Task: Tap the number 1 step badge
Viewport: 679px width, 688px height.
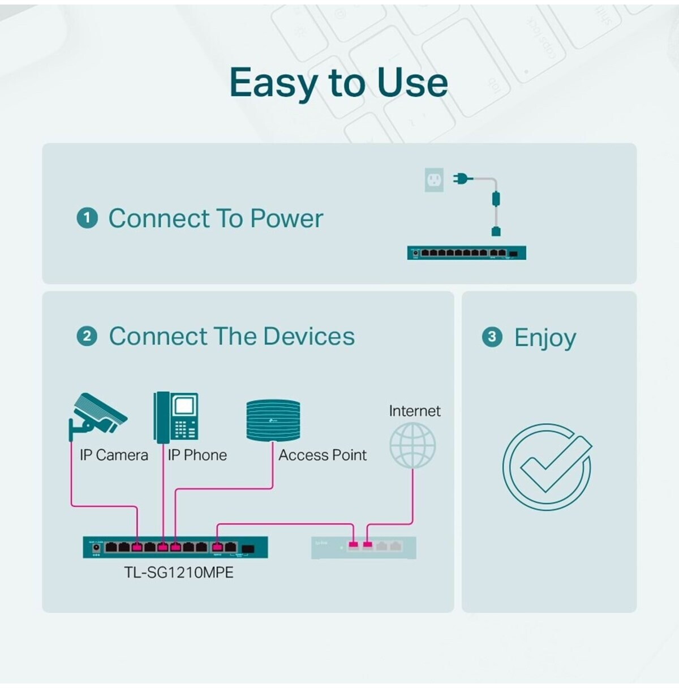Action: click(x=87, y=218)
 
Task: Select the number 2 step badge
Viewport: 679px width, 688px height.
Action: click(x=87, y=336)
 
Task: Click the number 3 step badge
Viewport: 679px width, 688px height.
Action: click(x=492, y=337)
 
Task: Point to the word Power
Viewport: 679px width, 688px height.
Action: click(x=287, y=218)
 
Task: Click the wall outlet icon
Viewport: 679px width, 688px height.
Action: click(x=434, y=180)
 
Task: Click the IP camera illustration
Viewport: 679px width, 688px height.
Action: click(x=97, y=416)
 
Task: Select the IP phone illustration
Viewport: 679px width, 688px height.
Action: click(x=176, y=417)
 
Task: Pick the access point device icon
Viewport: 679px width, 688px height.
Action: click(x=273, y=420)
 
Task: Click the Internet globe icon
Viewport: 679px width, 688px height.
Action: click(x=412, y=446)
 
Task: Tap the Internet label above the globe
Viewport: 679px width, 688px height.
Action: click(x=415, y=411)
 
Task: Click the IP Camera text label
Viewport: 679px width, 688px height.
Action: click(x=114, y=455)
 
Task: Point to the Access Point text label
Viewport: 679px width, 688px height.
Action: click(x=323, y=455)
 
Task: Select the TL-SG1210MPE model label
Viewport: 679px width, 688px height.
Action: click(x=179, y=573)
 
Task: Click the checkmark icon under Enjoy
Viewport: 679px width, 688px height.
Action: click(x=547, y=467)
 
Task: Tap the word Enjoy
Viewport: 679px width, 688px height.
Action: click(x=545, y=338)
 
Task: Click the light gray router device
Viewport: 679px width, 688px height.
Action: click(x=364, y=548)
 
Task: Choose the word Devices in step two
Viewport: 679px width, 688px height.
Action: click(x=309, y=336)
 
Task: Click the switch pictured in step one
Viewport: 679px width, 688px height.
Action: click(x=466, y=253)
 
